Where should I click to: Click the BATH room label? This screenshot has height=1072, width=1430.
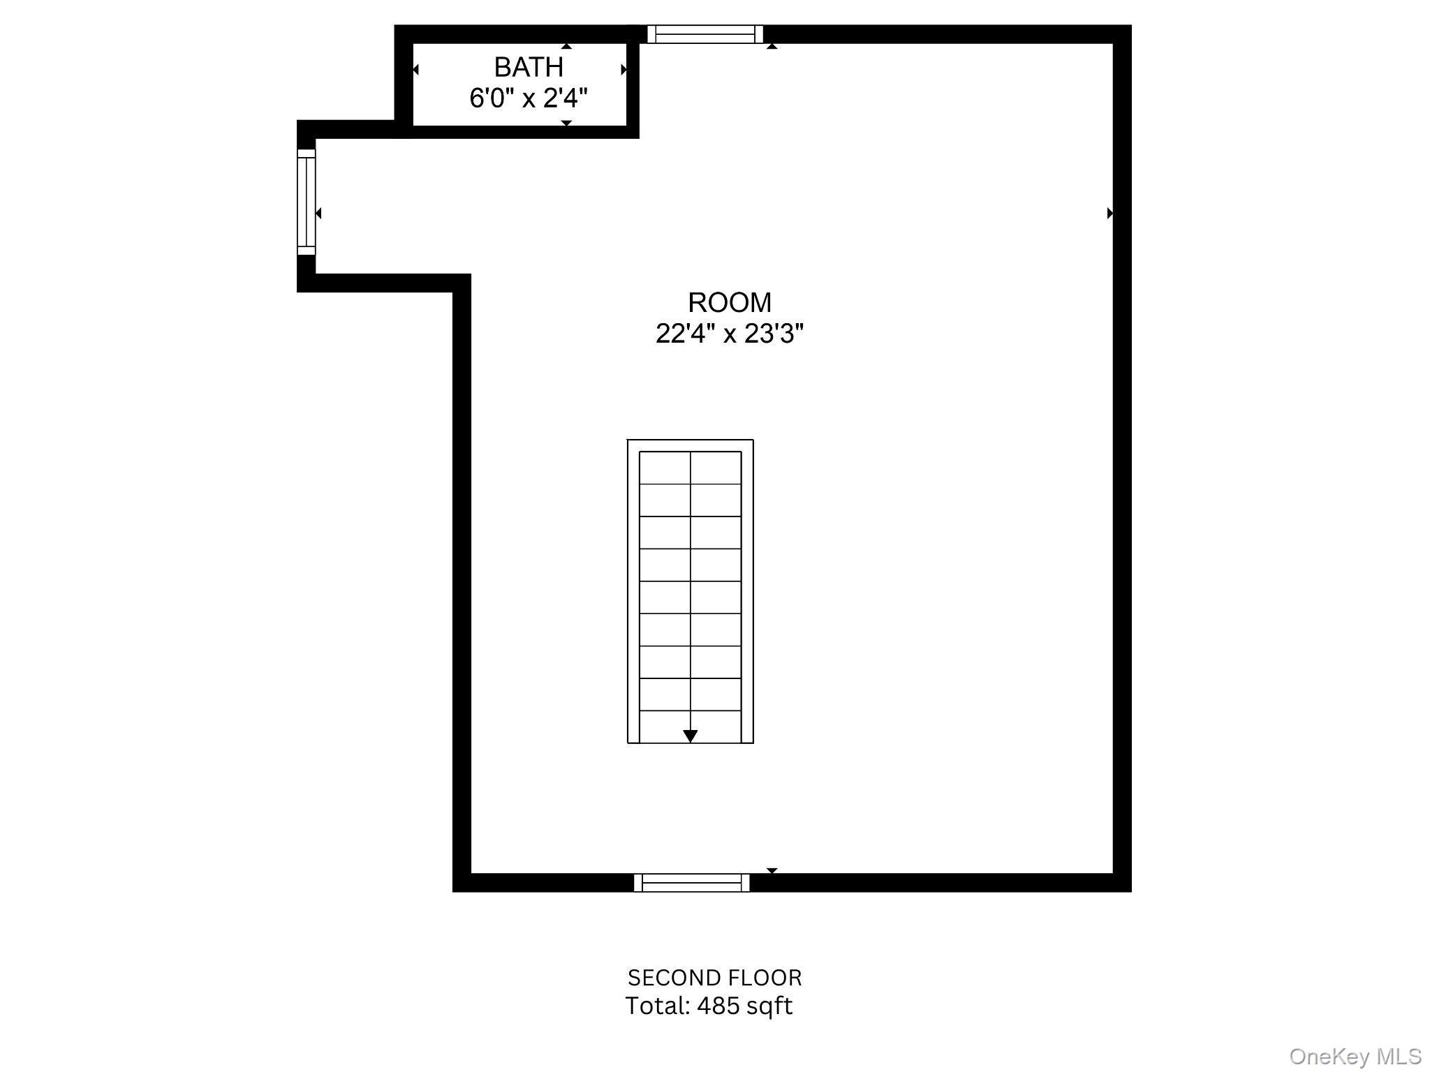pyautogui.click(x=529, y=68)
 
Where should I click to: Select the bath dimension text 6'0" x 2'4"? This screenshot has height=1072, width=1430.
pyautogui.click(x=529, y=98)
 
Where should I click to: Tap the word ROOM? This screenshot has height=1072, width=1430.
pyautogui.click(x=730, y=303)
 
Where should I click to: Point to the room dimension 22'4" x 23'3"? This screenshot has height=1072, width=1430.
pyautogui.click(x=730, y=334)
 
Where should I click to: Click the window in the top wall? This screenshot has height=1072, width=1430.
pyautogui.click(x=705, y=34)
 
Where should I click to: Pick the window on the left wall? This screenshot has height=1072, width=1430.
pyautogui.click(x=307, y=202)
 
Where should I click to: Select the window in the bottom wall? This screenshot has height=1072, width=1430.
pyautogui.click(x=691, y=883)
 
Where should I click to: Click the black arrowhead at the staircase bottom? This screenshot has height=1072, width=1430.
pyautogui.click(x=691, y=736)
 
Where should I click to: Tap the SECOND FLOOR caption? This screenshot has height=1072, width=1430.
pyautogui.click(x=714, y=978)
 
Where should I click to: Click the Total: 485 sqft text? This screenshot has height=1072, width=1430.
pyautogui.click(x=709, y=1006)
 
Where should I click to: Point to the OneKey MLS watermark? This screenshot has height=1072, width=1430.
pyautogui.click(x=1355, y=1057)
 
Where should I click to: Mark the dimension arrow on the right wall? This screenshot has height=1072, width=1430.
pyautogui.click(x=1110, y=213)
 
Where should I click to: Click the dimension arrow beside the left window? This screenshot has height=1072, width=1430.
pyautogui.click(x=318, y=213)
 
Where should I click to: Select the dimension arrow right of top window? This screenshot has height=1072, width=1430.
pyautogui.click(x=772, y=46)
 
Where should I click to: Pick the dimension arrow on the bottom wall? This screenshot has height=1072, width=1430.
pyautogui.click(x=772, y=870)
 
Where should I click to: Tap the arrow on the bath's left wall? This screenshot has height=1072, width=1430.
pyautogui.click(x=415, y=70)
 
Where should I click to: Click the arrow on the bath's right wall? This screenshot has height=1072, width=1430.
pyautogui.click(x=624, y=70)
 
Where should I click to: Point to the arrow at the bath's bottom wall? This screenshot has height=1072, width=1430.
pyautogui.click(x=566, y=123)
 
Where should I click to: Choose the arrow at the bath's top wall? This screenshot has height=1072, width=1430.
pyautogui.click(x=566, y=46)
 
